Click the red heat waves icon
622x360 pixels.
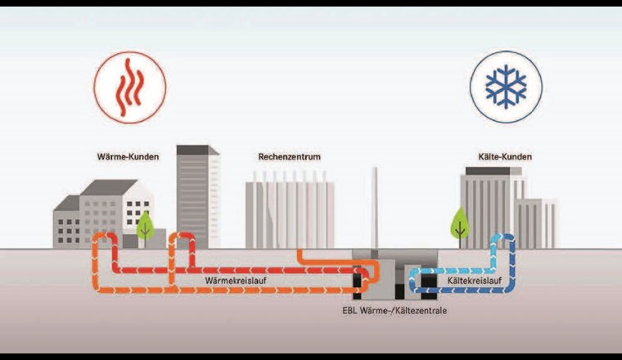[x=129, y=87]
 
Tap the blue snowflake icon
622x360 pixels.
[x=494, y=87]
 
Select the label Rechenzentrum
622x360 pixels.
[x=288, y=156]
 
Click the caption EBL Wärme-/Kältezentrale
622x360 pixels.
[x=394, y=311]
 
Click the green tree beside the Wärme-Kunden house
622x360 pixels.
[x=145, y=225]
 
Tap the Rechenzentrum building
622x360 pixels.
[x=288, y=214]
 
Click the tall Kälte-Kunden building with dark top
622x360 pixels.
[x=489, y=209]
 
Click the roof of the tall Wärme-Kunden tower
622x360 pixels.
[x=196, y=150]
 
